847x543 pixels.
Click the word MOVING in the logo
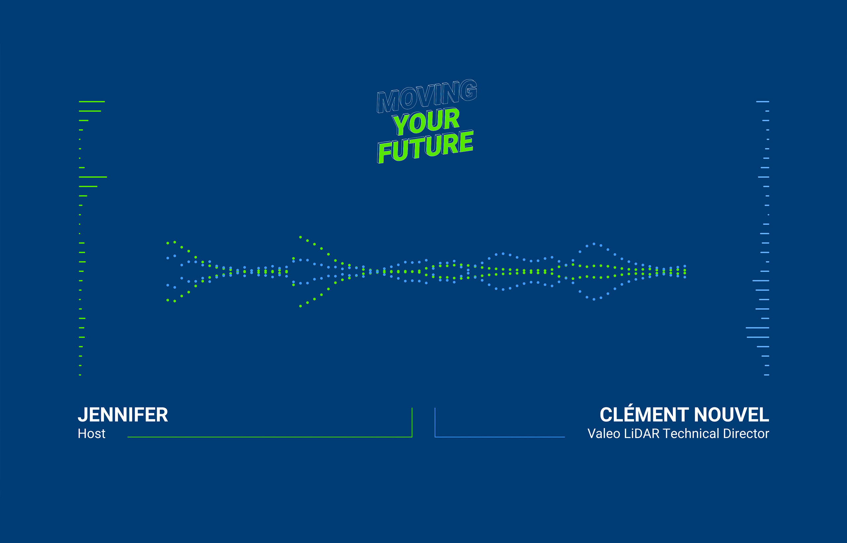click(427, 96)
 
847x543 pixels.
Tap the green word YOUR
click(426, 121)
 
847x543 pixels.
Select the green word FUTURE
click(425, 146)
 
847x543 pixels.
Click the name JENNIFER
click(123, 415)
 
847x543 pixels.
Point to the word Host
click(91, 434)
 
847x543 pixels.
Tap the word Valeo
click(603, 434)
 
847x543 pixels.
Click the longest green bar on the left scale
click(93, 177)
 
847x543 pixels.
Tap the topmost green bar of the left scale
click(92, 102)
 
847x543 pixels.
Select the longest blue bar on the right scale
click(758, 328)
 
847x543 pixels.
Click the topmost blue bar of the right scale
click(763, 102)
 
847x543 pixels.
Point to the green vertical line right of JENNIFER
click(412, 422)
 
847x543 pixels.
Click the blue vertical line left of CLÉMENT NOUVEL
click(435, 422)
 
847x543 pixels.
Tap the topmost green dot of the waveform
click(300, 237)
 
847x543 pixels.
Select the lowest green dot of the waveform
click(300, 306)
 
